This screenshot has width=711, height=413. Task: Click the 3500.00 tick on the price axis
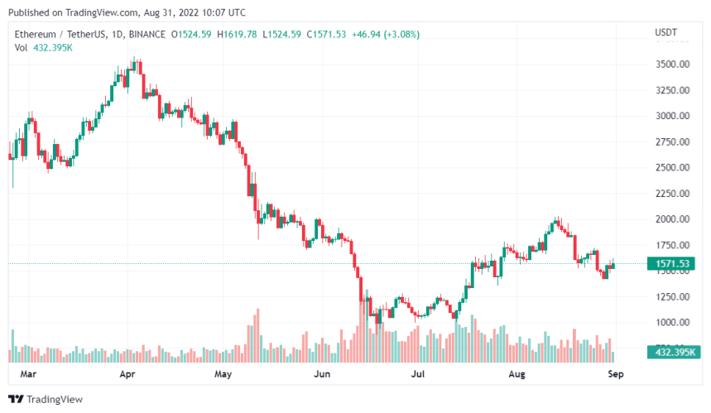tap(671, 65)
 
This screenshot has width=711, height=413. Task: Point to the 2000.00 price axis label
tap(671, 219)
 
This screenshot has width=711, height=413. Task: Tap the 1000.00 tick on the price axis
tap(671, 323)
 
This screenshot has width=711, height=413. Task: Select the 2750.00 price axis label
tap(671, 142)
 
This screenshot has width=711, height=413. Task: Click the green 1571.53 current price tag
tap(673, 264)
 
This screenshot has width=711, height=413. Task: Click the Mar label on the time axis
tap(28, 374)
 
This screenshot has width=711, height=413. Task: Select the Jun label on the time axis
tap(323, 374)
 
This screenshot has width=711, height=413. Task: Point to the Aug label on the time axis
tap(516, 374)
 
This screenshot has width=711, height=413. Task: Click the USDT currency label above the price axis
tap(665, 32)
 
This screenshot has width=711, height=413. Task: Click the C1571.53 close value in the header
tap(327, 35)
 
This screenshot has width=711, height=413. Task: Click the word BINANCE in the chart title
tap(146, 35)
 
